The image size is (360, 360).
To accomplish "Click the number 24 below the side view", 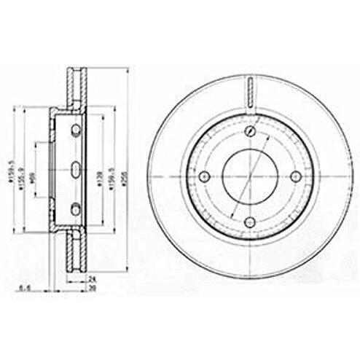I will coord(93,278).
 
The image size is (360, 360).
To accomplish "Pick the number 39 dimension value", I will coord(93,288).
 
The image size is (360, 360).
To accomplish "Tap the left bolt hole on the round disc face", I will coord(204,176).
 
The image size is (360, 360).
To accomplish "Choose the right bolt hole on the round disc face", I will coord(295,176).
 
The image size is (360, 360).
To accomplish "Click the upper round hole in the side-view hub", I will coord(77,132).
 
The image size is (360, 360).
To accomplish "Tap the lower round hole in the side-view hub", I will coord(77,209).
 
